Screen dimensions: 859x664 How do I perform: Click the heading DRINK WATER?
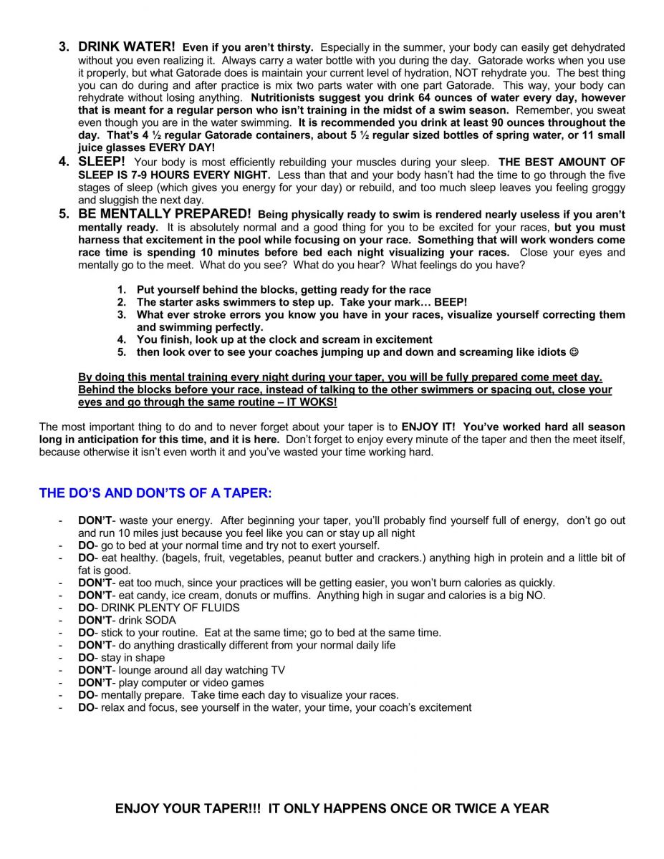tap(127, 47)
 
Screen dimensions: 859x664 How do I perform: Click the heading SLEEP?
tap(102, 162)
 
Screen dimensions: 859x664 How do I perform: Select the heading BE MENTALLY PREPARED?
tap(165, 214)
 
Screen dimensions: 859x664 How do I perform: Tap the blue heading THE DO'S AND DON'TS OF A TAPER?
tap(155, 493)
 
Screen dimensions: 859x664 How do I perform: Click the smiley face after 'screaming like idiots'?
tap(573, 352)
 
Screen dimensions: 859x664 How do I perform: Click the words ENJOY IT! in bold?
tap(428, 427)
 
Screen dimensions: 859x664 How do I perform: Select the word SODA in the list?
tap(162, 620)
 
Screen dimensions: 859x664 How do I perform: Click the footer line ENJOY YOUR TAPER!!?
tap(332, 809)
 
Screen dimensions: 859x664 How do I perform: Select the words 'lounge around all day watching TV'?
tap(202, 670)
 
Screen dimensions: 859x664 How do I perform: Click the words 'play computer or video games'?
tap(191, 682)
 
